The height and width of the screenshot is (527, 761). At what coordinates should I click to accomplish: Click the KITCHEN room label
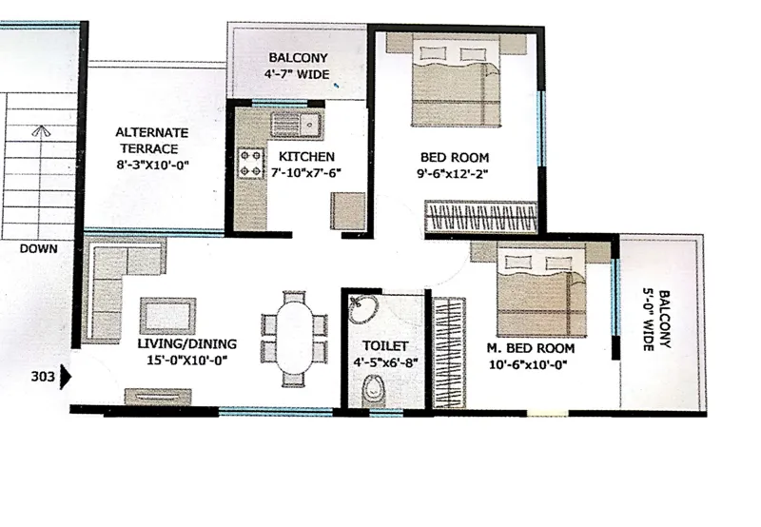[306, 156]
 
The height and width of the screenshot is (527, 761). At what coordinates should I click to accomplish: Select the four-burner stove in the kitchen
[250, 162]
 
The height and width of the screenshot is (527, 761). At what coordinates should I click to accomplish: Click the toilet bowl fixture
[376, 389]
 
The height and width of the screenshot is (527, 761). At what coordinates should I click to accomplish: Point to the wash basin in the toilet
[362, 309]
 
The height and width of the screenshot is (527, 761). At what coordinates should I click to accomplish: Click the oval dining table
[296, 337]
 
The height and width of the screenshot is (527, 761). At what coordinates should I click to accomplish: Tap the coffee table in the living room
[167, 316]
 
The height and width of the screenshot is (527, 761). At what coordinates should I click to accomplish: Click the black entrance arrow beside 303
[67, 377]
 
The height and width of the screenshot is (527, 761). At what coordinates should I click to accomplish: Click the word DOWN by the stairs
[37, 248]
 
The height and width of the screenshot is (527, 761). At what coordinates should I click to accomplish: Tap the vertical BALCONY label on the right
[663, 320]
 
